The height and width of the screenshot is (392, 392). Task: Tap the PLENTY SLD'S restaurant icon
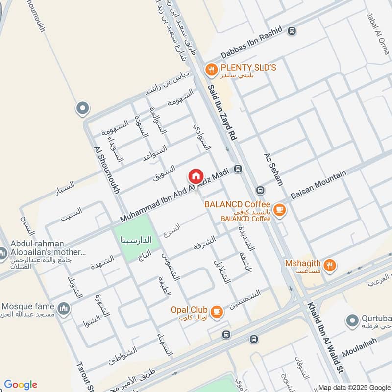(211, 70)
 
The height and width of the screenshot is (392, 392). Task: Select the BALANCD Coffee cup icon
(279, 210)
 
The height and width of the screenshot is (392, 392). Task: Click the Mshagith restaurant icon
(331, 265)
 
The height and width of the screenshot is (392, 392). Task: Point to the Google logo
(20, 385)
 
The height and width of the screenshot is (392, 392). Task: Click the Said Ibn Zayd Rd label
(222, 112)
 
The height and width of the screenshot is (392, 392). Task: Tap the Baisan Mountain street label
(318, 184)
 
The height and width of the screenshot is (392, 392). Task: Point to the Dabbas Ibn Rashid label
(252, 43)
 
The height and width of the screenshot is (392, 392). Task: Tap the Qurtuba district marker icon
(351, 321)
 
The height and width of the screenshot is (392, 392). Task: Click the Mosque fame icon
(64, 308)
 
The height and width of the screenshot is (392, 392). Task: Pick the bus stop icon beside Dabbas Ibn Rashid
(292, 31)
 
